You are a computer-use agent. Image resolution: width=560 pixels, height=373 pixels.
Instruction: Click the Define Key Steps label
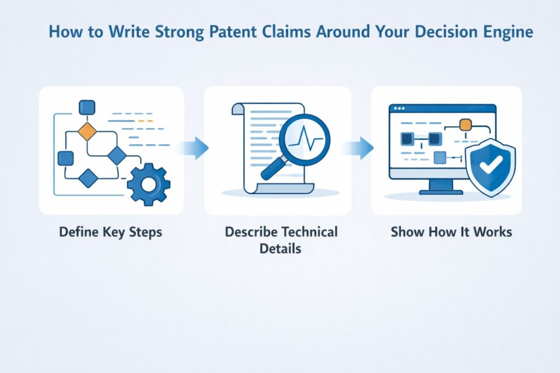pyautogui.click(x=110, y=232)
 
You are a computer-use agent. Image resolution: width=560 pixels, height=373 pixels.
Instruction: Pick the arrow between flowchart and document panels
pyautogui.click(x=196, y=148)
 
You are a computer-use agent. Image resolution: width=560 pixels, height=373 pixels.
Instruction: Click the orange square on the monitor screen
pyautogui.click(x=465, y=125)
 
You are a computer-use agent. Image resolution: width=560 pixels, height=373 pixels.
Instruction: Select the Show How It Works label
pyautogui.click(x=451, y=232)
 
